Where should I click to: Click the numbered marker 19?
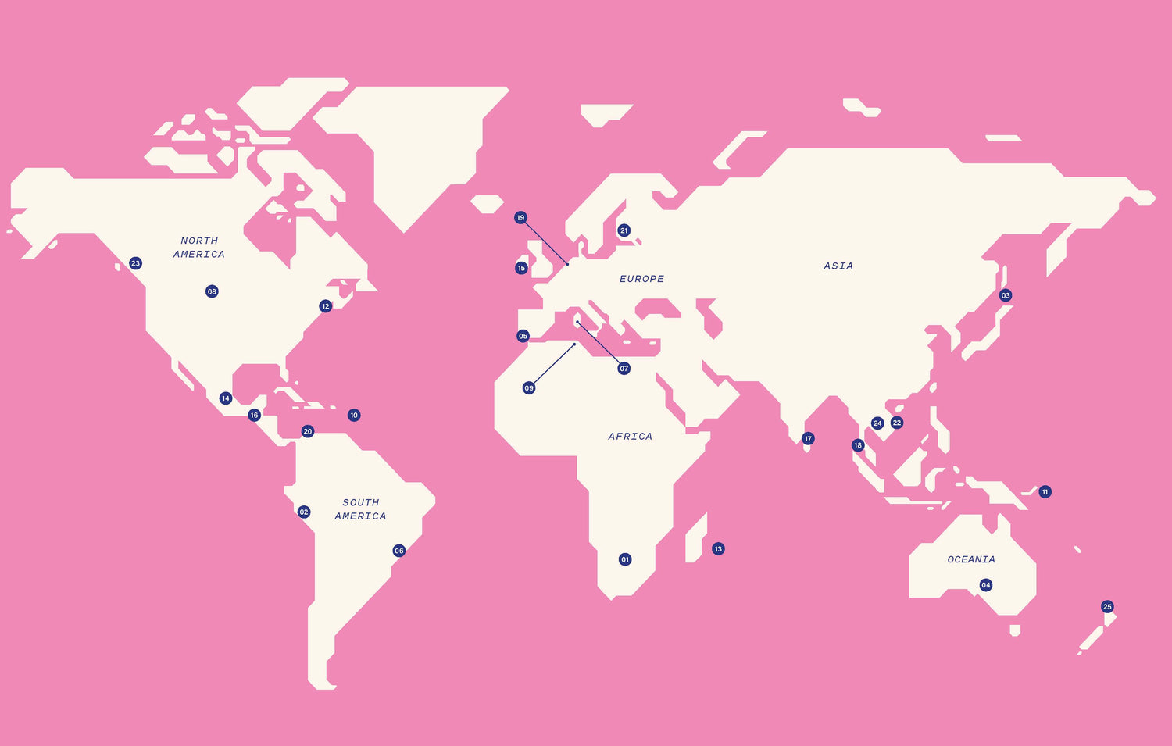click(520, 218)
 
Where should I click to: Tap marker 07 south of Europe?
click(624, 369)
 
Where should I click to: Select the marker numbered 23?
click(135, 263)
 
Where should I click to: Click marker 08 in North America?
click(212, 291)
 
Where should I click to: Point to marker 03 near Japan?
click(1006, 295)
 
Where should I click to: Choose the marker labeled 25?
click(1107, 607)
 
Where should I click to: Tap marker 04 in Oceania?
click(986, 585)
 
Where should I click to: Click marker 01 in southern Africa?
click(625, 559)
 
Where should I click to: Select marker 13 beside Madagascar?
click(718, 549)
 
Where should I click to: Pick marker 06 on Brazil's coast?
click(399, 551)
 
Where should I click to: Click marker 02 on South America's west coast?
click(304, 512)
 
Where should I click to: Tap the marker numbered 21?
click(624, 230)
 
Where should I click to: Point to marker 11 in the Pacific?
click(1045, 492)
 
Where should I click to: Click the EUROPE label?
click(641, 279)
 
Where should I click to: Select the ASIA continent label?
click(838, 266)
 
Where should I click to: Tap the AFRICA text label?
click(630, 437)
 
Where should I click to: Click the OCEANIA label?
click(971, 559)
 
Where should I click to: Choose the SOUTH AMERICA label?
click(360, 509)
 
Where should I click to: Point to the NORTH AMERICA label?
click(199, 248)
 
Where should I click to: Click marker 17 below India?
click(808, 439)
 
